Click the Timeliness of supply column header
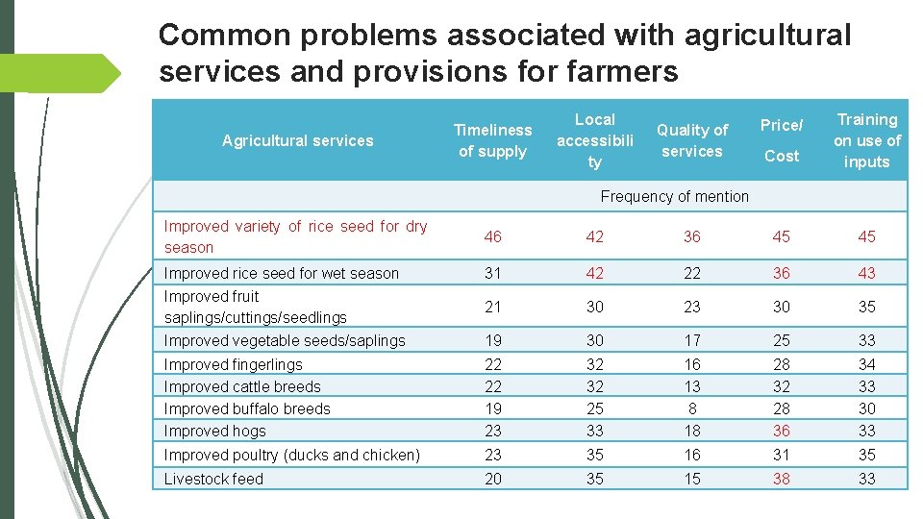(x=492, y=140)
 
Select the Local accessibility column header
(x=594, y=140)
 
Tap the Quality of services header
(x=691, y=140)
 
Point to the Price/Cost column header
(x=781, y=140)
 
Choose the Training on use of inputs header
(x=866, y=140)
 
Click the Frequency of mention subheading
(x=674, y=196)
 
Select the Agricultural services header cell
(x=297, y=140)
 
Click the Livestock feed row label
(x=213, y=479)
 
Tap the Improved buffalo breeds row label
(x=247, y=408)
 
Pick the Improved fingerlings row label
(x=233, y=364)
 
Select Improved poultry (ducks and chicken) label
(x=292, y=455)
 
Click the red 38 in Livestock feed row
(x=781, y=479)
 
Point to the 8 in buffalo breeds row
(x=691, y=408)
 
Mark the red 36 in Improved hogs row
(x=781, y=432)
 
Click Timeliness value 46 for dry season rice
(x=492, y=236)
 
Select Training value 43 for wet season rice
(x=866, y=273)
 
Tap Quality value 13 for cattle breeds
(x=691, y=386)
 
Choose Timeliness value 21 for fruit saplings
(x=492, y=307)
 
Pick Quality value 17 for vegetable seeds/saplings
(x=691, y=340)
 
